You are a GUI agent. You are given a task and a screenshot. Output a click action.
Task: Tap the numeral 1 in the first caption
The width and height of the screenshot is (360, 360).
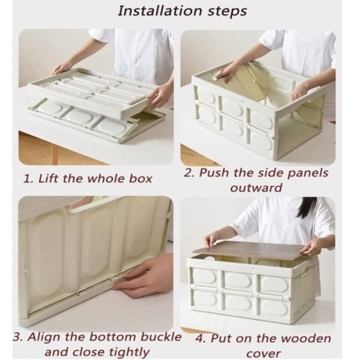tap(27, 178)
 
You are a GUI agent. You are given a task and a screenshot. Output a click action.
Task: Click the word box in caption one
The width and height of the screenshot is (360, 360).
tap(140, 178)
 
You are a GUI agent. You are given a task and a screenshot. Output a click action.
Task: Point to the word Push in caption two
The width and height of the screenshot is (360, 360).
tap(215, 173)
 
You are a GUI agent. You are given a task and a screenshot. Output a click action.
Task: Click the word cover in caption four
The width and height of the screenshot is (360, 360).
tap(264, 353)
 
